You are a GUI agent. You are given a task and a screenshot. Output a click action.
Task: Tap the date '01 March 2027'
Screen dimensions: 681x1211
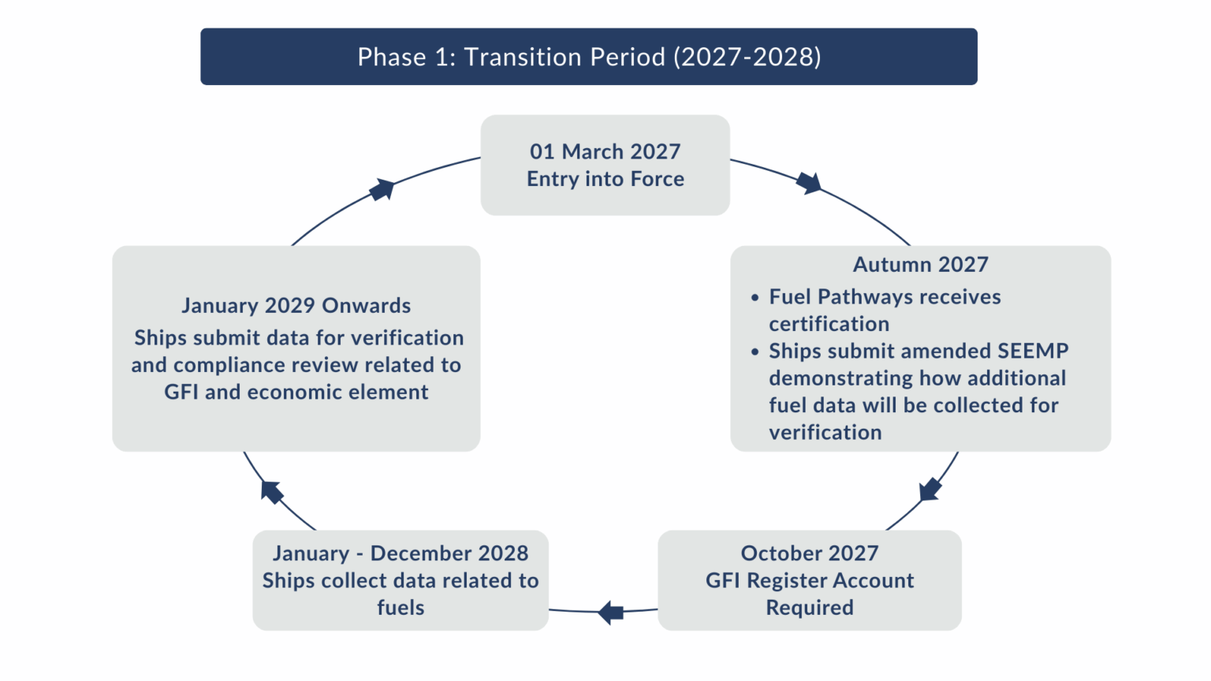(605, 151)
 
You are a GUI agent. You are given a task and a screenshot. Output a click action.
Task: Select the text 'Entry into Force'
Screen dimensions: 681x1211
(605, 179)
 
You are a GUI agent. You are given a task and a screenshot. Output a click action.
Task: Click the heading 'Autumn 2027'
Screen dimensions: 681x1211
(920, 265)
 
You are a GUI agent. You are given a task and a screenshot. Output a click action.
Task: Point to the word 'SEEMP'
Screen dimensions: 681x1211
(1033, 351)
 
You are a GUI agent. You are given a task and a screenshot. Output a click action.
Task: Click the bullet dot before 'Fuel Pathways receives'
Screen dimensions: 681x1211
(755, 298)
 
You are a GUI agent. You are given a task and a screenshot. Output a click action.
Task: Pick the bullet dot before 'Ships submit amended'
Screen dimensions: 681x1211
(755, 352)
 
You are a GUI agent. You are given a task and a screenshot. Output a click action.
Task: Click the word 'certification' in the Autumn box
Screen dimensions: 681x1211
(829, 324)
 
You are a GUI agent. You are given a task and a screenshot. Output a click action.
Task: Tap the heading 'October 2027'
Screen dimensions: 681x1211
(809, 553)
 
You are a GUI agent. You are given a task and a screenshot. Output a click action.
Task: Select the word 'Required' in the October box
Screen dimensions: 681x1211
(809, 608)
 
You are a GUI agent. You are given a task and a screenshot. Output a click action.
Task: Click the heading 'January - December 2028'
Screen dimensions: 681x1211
(400, 553)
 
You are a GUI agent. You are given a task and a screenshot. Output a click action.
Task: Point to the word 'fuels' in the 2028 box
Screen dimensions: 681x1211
(400, 608)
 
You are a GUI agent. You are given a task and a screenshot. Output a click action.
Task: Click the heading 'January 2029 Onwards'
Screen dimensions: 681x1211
(296, 306)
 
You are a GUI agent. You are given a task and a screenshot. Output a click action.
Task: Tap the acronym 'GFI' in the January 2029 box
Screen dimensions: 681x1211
(181, 393)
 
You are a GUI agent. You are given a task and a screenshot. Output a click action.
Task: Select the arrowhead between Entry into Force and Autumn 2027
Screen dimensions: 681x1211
(809, 183)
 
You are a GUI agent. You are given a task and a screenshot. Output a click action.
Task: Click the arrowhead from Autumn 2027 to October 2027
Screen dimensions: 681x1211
(930, 489)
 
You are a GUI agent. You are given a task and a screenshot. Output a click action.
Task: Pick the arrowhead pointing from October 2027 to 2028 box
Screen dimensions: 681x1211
(610, 612)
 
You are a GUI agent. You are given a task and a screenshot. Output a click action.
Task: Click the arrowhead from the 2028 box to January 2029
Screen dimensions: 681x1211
(271, 492)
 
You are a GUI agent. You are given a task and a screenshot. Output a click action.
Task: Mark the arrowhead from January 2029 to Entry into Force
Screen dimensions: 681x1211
(382, 189)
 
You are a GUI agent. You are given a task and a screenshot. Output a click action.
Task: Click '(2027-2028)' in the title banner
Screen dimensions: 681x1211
(747, 57)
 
